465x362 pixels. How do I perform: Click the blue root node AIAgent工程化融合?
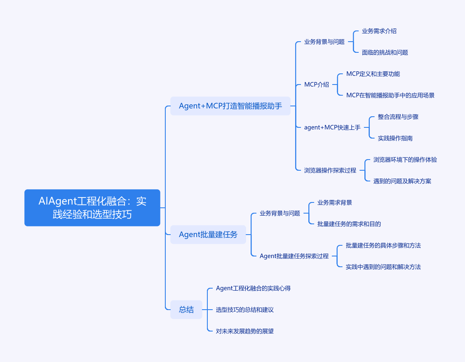(92, 208)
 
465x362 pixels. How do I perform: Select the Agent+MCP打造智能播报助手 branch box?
(230, 106)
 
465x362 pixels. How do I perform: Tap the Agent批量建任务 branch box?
(208, 235)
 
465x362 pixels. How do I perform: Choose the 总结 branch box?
(186, 310)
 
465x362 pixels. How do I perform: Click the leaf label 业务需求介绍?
(379, 31)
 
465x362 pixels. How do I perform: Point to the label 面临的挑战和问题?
(385, 52)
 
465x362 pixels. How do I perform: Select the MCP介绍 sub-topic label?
(317, 85)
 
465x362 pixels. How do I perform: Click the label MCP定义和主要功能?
(373, 74)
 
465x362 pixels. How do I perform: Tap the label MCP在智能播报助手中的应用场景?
(390, 95)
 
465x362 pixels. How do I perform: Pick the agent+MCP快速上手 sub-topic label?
(332, 127)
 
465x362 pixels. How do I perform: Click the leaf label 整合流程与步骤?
(398, 117)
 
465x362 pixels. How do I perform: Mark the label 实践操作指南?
(395, 138)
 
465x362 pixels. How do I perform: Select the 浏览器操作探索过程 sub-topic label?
(330, 170)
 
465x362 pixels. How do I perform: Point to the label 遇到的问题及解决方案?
(402, 181)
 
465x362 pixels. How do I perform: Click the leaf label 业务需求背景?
(335, 202)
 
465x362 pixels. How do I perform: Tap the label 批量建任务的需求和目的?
(349, 224)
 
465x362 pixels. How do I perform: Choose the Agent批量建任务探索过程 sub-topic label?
(294, 256)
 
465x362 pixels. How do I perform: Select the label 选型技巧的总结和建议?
(245, 310)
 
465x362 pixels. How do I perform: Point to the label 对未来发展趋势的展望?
(245, 331)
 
